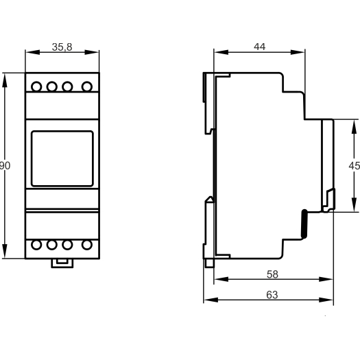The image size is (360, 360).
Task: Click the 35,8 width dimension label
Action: point(62,47)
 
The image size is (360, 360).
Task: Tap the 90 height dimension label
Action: point(5,165)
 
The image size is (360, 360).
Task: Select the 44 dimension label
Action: point(260,47)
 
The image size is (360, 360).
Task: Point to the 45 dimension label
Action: point(355,165)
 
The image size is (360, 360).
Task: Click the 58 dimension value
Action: point(272,274)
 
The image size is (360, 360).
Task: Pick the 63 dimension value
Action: point(272,295)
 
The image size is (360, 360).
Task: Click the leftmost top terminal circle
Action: point(36,87)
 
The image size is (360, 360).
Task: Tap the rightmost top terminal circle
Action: point(87,87)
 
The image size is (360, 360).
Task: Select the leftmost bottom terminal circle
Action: point(36,245)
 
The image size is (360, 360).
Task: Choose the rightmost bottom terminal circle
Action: point(87,245)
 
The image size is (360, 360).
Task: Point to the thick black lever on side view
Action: point(304,224)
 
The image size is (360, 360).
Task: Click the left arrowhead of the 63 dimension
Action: point(211,300)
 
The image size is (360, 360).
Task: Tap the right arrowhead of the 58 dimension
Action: point(326,279)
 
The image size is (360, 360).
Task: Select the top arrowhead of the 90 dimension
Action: point(5,80)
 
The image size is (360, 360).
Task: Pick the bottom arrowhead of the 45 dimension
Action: point(354,205)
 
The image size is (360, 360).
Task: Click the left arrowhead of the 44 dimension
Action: point(221,52)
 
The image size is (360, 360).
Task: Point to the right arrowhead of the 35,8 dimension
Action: point(92,52)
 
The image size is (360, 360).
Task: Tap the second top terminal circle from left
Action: point(52,87)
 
